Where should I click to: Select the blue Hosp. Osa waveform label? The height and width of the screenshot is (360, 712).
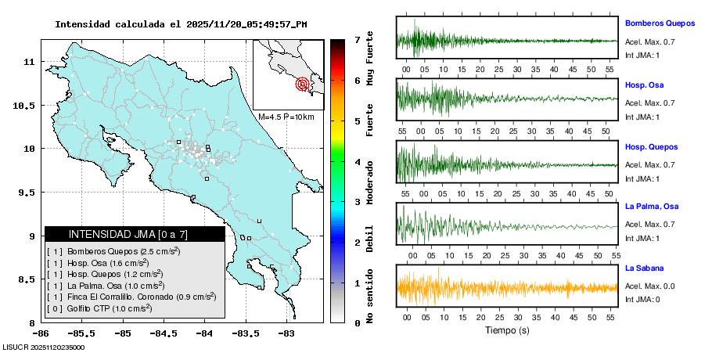click(x=644, y=85)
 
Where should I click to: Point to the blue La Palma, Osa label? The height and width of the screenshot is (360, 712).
click(x=651, y=207)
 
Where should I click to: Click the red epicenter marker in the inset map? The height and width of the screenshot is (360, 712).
click(x=302, y=85)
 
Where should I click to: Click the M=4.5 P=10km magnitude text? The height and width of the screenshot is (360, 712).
click(x=286, y=117)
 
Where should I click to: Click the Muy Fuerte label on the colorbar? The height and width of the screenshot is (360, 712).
click(x=370, y=59)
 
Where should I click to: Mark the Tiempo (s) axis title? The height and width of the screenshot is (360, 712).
click(x=507, y=330)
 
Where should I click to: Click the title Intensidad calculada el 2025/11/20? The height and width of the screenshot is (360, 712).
click(x=181, y=24)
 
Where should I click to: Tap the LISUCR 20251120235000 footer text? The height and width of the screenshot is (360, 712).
click(x=44, y=347)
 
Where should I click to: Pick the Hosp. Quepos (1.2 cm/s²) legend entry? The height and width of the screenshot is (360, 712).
click(x=115, y=274)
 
